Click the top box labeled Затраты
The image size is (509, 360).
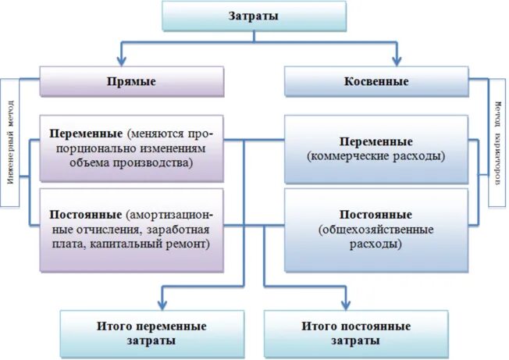[254, 16]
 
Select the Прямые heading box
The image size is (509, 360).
[132, 81]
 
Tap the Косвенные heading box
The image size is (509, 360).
[376, 81]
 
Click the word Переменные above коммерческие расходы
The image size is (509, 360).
[376, 142]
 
